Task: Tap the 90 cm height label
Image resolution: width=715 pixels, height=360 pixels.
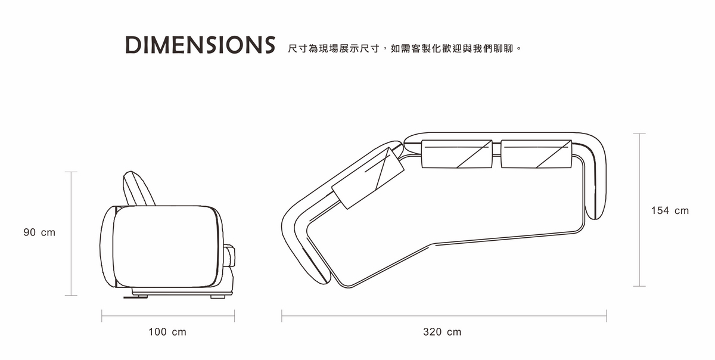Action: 39,232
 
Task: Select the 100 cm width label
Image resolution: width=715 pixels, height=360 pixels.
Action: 167,332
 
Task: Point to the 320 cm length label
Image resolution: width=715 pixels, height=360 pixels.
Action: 442,332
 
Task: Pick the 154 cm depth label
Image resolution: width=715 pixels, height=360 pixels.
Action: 670,210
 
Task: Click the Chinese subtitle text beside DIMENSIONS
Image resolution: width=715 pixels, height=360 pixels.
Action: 405,46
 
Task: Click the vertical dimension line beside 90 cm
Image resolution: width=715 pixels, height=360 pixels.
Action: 71,233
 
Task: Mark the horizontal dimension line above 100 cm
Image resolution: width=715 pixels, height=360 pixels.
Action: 168,316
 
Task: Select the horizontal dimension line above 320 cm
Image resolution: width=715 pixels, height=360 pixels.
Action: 444,316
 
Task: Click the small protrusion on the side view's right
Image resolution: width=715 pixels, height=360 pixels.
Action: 231,256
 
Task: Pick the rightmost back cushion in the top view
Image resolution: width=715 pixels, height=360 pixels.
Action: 537,154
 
